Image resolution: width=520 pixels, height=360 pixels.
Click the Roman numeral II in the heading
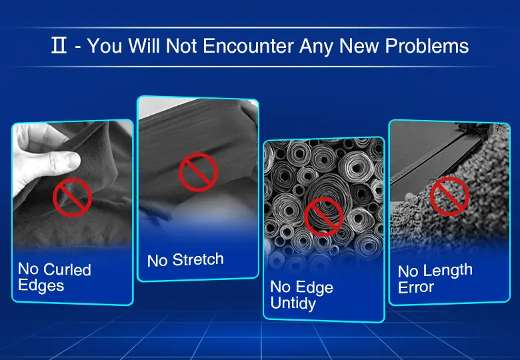59,45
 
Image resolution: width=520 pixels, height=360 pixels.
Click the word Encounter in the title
248,45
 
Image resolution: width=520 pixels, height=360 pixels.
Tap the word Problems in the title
427,45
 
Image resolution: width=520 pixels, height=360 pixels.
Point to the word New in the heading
359,45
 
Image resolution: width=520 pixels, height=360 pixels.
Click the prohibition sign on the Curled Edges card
72,197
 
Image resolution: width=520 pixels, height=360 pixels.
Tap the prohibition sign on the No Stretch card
198,173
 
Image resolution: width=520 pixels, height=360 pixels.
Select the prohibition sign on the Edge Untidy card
324,217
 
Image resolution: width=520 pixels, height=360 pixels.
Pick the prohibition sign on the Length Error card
449,196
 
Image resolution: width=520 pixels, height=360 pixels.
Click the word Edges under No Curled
41,286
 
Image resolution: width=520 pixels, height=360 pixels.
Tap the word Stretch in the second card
198,259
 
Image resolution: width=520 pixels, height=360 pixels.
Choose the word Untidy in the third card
293,303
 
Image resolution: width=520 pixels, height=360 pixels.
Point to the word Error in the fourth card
416,287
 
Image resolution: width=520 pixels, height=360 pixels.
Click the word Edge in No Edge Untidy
315,287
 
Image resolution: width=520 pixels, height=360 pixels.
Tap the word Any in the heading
316,46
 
